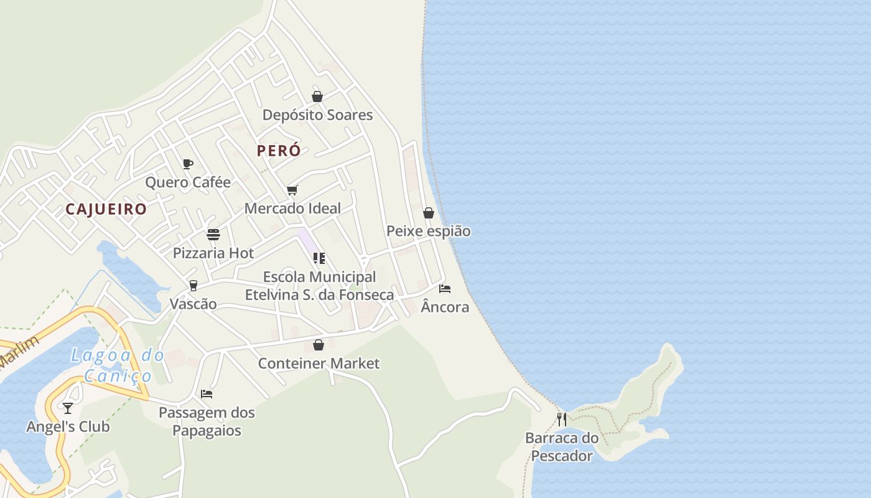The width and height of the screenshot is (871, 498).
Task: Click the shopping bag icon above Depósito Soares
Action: click(317, 96)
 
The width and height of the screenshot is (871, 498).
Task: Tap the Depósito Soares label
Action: click(317, 115)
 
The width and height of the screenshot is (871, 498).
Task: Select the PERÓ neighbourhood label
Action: click(279, 151)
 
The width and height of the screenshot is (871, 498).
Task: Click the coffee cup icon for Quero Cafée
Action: click(188, 164)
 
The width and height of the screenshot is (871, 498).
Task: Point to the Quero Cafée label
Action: click(188, 182)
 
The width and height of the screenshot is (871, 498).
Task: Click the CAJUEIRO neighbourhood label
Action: click(106, 209)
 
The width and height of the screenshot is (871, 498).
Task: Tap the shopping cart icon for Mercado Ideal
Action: click(292, 190)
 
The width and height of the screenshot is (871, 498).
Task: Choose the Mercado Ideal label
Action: click(292, 209)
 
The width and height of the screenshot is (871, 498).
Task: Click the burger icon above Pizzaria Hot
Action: click(213, 235)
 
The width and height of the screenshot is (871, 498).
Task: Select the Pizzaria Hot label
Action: click(213, 253)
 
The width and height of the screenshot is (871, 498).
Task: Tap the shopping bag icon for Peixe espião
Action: click(429, 213)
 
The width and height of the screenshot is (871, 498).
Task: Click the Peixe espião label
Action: click(429, 232)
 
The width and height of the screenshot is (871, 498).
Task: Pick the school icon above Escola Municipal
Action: click(319, 258)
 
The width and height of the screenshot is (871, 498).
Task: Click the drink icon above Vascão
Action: click(193, 286)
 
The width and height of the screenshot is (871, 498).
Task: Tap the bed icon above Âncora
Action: click(445, 289)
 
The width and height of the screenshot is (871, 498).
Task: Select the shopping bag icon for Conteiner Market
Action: click(319, 345)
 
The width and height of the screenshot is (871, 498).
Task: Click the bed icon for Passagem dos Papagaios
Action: click(207, 394)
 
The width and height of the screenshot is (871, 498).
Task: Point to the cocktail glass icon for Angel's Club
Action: click(68, 408)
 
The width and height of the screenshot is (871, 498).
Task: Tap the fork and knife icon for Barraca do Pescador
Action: click(562, 419)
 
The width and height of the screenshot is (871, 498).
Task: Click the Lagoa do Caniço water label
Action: click(118, 365)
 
